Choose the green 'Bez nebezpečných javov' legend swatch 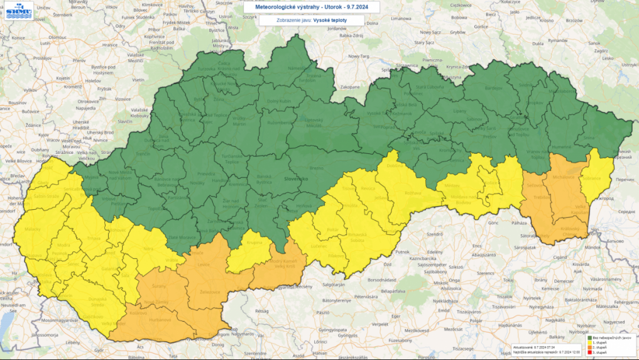(x=590, y=337)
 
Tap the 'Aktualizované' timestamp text (x=527, y=347)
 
